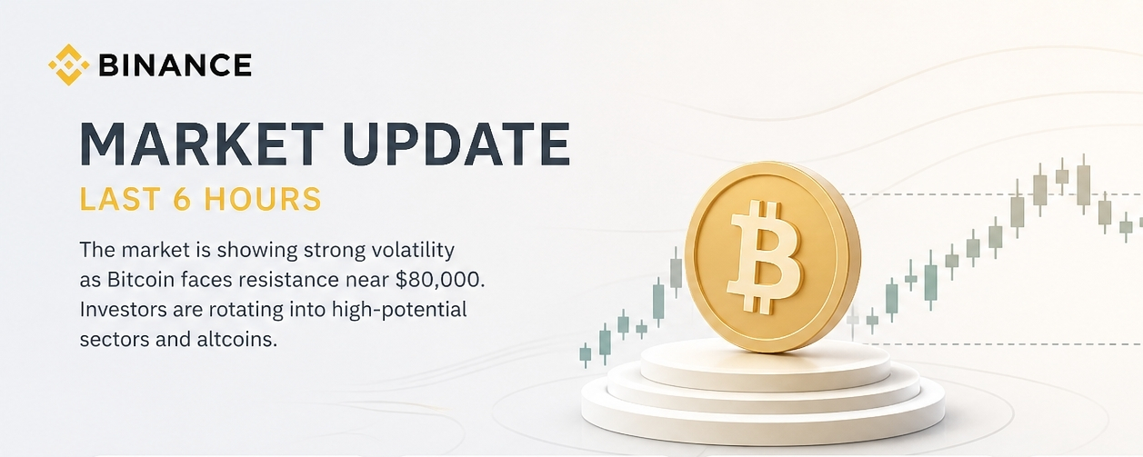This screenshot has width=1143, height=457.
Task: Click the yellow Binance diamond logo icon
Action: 68,65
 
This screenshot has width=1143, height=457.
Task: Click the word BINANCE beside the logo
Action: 175,65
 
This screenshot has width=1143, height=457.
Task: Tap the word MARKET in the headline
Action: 202,144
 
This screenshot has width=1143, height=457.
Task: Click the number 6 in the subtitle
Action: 182,199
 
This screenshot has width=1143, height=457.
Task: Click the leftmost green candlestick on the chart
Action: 586,354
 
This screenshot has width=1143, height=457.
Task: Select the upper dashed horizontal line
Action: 989,194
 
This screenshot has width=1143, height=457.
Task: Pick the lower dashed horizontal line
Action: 1002,343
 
